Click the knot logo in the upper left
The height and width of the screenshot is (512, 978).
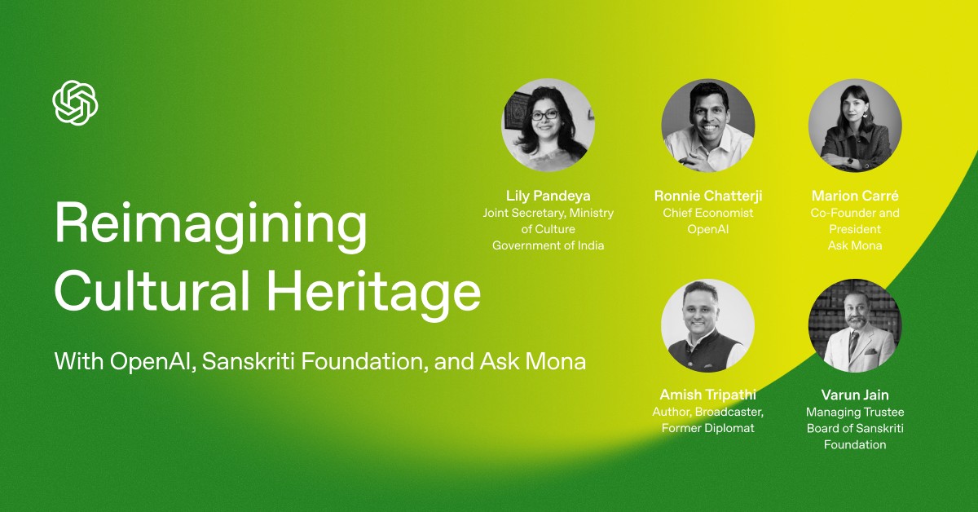76,103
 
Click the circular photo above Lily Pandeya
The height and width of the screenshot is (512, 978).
548,126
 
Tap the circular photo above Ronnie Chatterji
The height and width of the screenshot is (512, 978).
707,126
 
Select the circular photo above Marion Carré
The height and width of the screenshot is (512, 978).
855,126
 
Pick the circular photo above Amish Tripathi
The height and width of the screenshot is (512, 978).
707,325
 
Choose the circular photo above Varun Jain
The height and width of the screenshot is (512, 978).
855,325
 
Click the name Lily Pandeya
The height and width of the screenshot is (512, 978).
548,196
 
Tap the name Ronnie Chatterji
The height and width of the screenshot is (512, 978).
707,196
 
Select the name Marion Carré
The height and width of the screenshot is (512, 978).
855,196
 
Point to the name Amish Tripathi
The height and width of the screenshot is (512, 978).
707,395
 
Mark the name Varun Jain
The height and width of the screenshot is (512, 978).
855,395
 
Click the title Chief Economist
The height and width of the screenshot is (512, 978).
707,213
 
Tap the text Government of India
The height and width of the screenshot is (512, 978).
548,245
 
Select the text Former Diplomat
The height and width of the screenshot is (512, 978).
707,428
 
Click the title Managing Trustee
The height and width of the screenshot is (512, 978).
855,412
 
